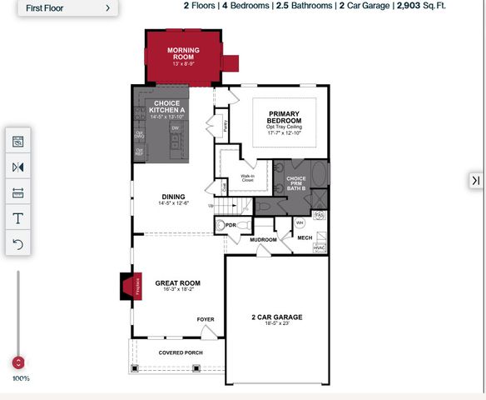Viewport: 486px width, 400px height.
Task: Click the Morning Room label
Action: [x=182, y=55]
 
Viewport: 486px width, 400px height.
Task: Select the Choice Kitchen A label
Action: [x=170, y=107]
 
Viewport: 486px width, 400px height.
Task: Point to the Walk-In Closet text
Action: [x=248, y=177]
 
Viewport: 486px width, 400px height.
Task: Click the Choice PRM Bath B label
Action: [x=295, y=182]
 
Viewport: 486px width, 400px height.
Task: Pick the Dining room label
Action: [x=174, y=198]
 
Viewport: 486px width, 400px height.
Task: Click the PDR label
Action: [x=231, y=226]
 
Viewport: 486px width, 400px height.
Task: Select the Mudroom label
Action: [x=263, y=240]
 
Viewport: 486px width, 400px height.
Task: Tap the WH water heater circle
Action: [x=300, y=223]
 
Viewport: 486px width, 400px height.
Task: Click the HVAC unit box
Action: [x=320, y=247]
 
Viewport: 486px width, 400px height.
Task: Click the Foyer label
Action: [x=205, y=320]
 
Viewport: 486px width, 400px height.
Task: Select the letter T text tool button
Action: [x=18, y=218]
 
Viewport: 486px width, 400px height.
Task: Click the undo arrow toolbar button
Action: [x=18, y=244]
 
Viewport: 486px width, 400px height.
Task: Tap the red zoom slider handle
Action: [x=18, y=362]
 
